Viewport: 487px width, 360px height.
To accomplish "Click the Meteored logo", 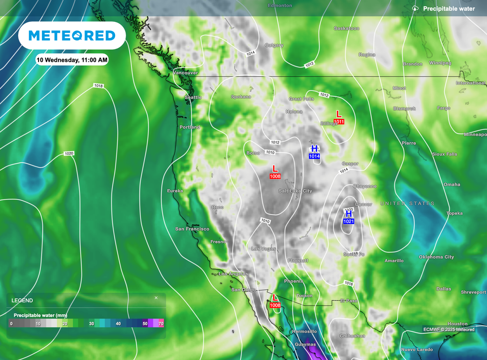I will pos(72,36).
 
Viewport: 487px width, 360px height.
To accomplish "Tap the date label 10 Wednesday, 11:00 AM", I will pos(72,60).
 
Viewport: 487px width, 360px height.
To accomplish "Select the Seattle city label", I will pos(193,97).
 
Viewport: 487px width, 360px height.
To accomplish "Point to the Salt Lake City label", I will pos(295,191).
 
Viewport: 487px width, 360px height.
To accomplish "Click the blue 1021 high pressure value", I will pos(348,221).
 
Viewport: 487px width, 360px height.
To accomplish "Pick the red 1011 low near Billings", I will pos(339,122).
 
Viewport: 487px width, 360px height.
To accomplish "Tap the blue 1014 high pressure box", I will pos(314,156).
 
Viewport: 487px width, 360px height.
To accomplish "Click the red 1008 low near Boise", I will pos(275,176).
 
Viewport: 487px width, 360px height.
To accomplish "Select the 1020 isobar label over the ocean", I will pos(69,154).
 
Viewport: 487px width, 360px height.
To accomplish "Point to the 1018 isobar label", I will pos(98,86).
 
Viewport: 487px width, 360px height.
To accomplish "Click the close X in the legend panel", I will pos(156,298).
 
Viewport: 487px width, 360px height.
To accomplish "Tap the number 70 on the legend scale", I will pos(161,323).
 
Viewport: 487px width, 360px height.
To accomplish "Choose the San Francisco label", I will pos(192,229).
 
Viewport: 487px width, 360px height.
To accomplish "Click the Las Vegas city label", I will pos(263,249).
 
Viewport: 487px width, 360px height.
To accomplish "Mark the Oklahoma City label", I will pos(437,257).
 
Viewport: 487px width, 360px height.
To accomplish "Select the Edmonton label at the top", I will pos(280,5).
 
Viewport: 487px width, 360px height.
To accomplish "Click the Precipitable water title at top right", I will pos(449,9).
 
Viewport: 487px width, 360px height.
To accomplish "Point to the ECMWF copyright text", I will pos(448,329).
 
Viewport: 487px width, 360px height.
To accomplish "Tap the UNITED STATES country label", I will pos(408,204).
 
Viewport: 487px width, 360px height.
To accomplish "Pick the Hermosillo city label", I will pos(304,331).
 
